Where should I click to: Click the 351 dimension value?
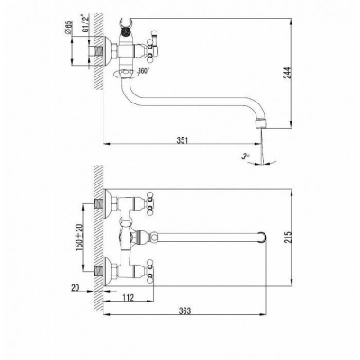coord(182,140)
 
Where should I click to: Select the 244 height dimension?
coord(287,73)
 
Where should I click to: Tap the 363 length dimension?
coord(184,310)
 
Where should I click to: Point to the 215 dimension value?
coord(288,237)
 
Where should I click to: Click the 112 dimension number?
coord(128,297)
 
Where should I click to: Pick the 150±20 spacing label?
coord(80,238)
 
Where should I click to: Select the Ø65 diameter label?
coord(68,27)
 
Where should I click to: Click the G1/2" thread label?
coord(85,23)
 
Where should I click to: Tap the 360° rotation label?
coord(143,72)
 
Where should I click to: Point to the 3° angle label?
coord(246,157)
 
